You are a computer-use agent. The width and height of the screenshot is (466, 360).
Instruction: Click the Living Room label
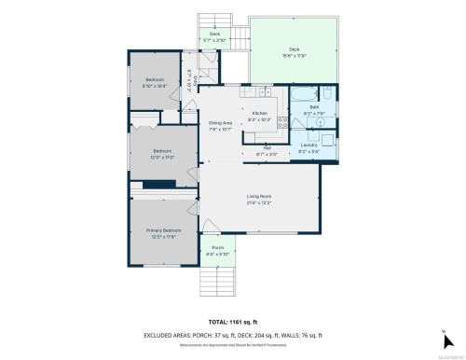click(x=260, y=197)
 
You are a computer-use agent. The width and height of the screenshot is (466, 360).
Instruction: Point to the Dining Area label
click(x=219, y=127)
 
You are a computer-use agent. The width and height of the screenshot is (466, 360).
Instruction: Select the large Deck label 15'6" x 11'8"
click(x=294, y=52)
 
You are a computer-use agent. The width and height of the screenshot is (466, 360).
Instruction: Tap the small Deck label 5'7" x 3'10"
click(x=214, y=37)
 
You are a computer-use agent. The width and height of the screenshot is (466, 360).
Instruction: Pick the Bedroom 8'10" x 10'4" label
click(x=155, y=82)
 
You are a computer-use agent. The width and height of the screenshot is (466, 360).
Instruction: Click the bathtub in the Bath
click(x=303, y=94)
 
